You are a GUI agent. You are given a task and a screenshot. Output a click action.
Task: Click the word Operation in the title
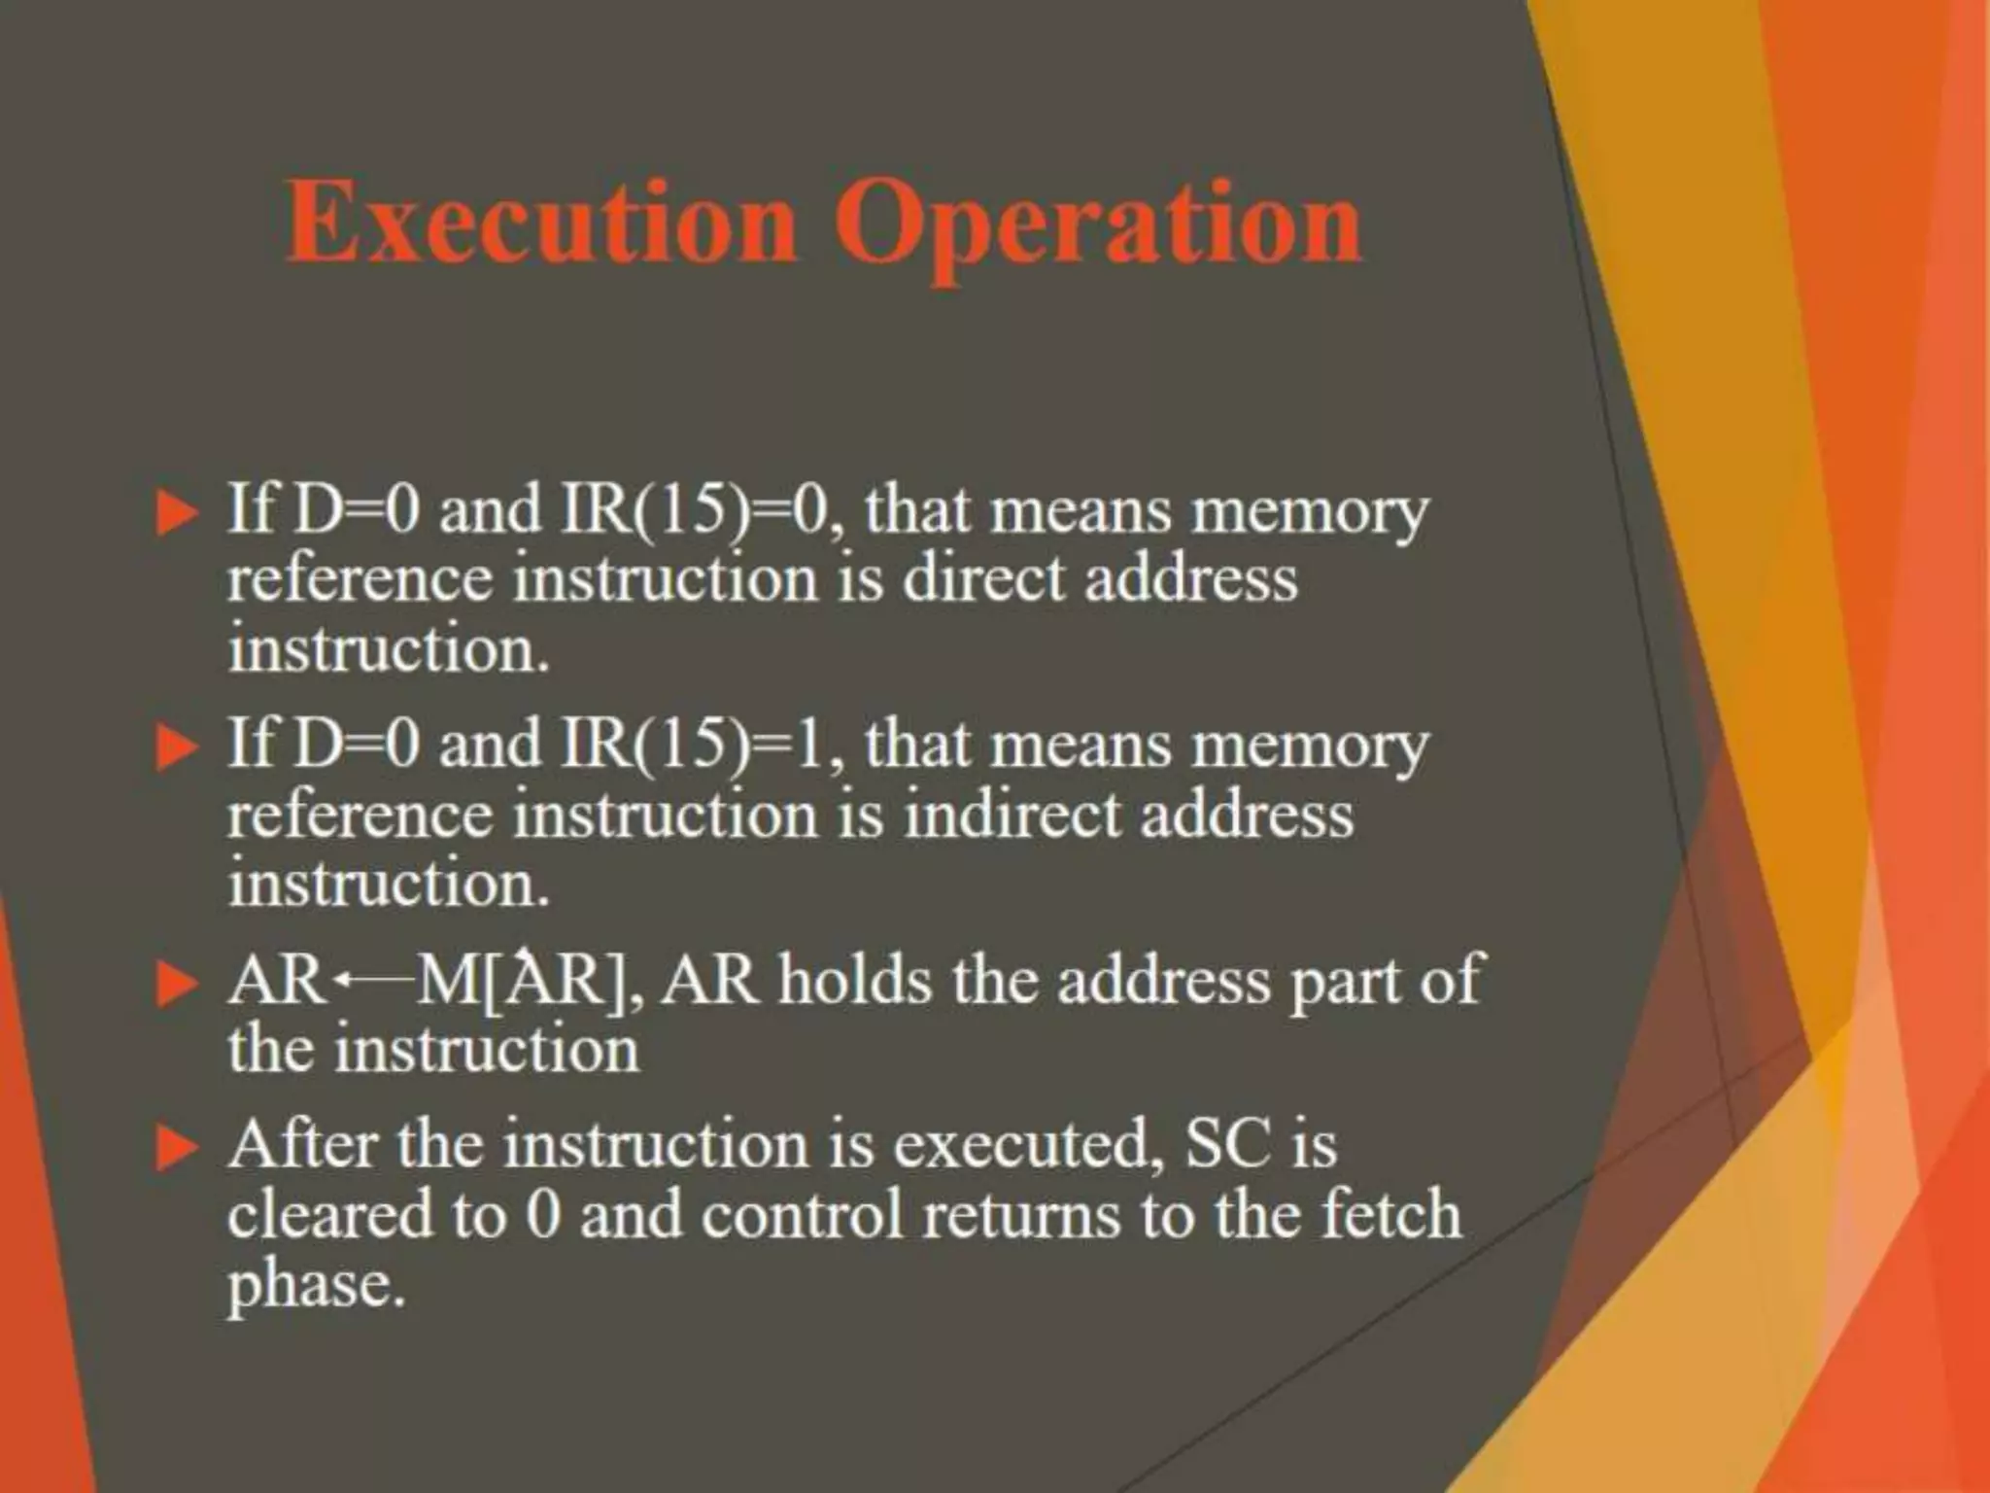[1098, 226]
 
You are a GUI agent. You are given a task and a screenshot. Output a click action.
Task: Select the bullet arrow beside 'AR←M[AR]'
[176, 984]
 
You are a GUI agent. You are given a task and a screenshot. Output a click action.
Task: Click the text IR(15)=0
[699, 510]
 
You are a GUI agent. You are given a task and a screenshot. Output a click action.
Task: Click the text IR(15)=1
[699, 746]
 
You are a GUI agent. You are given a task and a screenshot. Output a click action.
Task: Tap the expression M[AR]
[526, 981]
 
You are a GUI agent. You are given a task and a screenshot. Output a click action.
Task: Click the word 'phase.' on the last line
[315, 1285]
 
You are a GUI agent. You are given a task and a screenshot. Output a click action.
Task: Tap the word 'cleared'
[329, 1214]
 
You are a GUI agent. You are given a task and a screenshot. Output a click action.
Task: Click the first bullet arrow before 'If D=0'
[176, 513]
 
